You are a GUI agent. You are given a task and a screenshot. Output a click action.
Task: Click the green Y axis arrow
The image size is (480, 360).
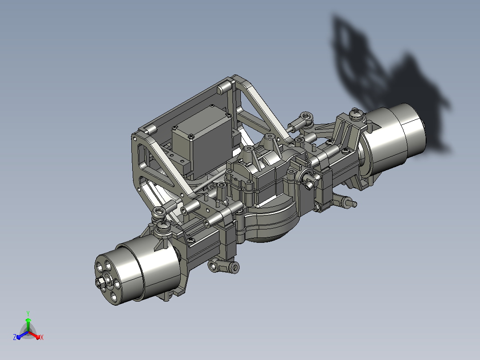[x=28, y=324]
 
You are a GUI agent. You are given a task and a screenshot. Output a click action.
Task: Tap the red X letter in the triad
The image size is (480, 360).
[x=42, y=337]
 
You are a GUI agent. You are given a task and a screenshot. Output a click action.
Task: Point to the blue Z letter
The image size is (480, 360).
[x=15, y=337]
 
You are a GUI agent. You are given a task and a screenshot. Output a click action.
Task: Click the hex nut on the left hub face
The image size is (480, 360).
[x=100, y=282]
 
